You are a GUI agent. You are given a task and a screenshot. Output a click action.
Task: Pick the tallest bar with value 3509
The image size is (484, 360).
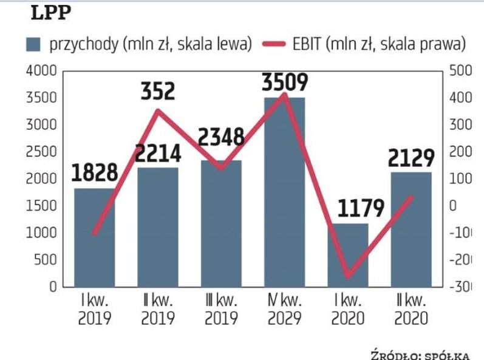[284, 194]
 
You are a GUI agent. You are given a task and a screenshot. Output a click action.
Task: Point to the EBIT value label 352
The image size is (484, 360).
[157, 91]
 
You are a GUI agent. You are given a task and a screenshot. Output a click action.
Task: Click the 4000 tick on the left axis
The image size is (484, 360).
[42, 71]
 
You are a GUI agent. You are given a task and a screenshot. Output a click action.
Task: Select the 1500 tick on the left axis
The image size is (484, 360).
[42, 206]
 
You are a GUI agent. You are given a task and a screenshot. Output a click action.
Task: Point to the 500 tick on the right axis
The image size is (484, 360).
[459, 71]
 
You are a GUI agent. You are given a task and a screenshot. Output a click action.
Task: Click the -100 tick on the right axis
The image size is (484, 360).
[460, 233]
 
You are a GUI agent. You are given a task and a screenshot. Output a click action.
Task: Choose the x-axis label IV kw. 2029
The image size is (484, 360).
[284, 309]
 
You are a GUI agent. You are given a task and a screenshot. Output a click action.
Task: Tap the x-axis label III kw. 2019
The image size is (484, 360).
[221, 309]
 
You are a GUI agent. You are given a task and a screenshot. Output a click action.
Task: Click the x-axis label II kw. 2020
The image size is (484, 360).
[411, 309]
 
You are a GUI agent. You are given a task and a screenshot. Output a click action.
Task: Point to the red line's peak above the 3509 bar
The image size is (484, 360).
[284, 94]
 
